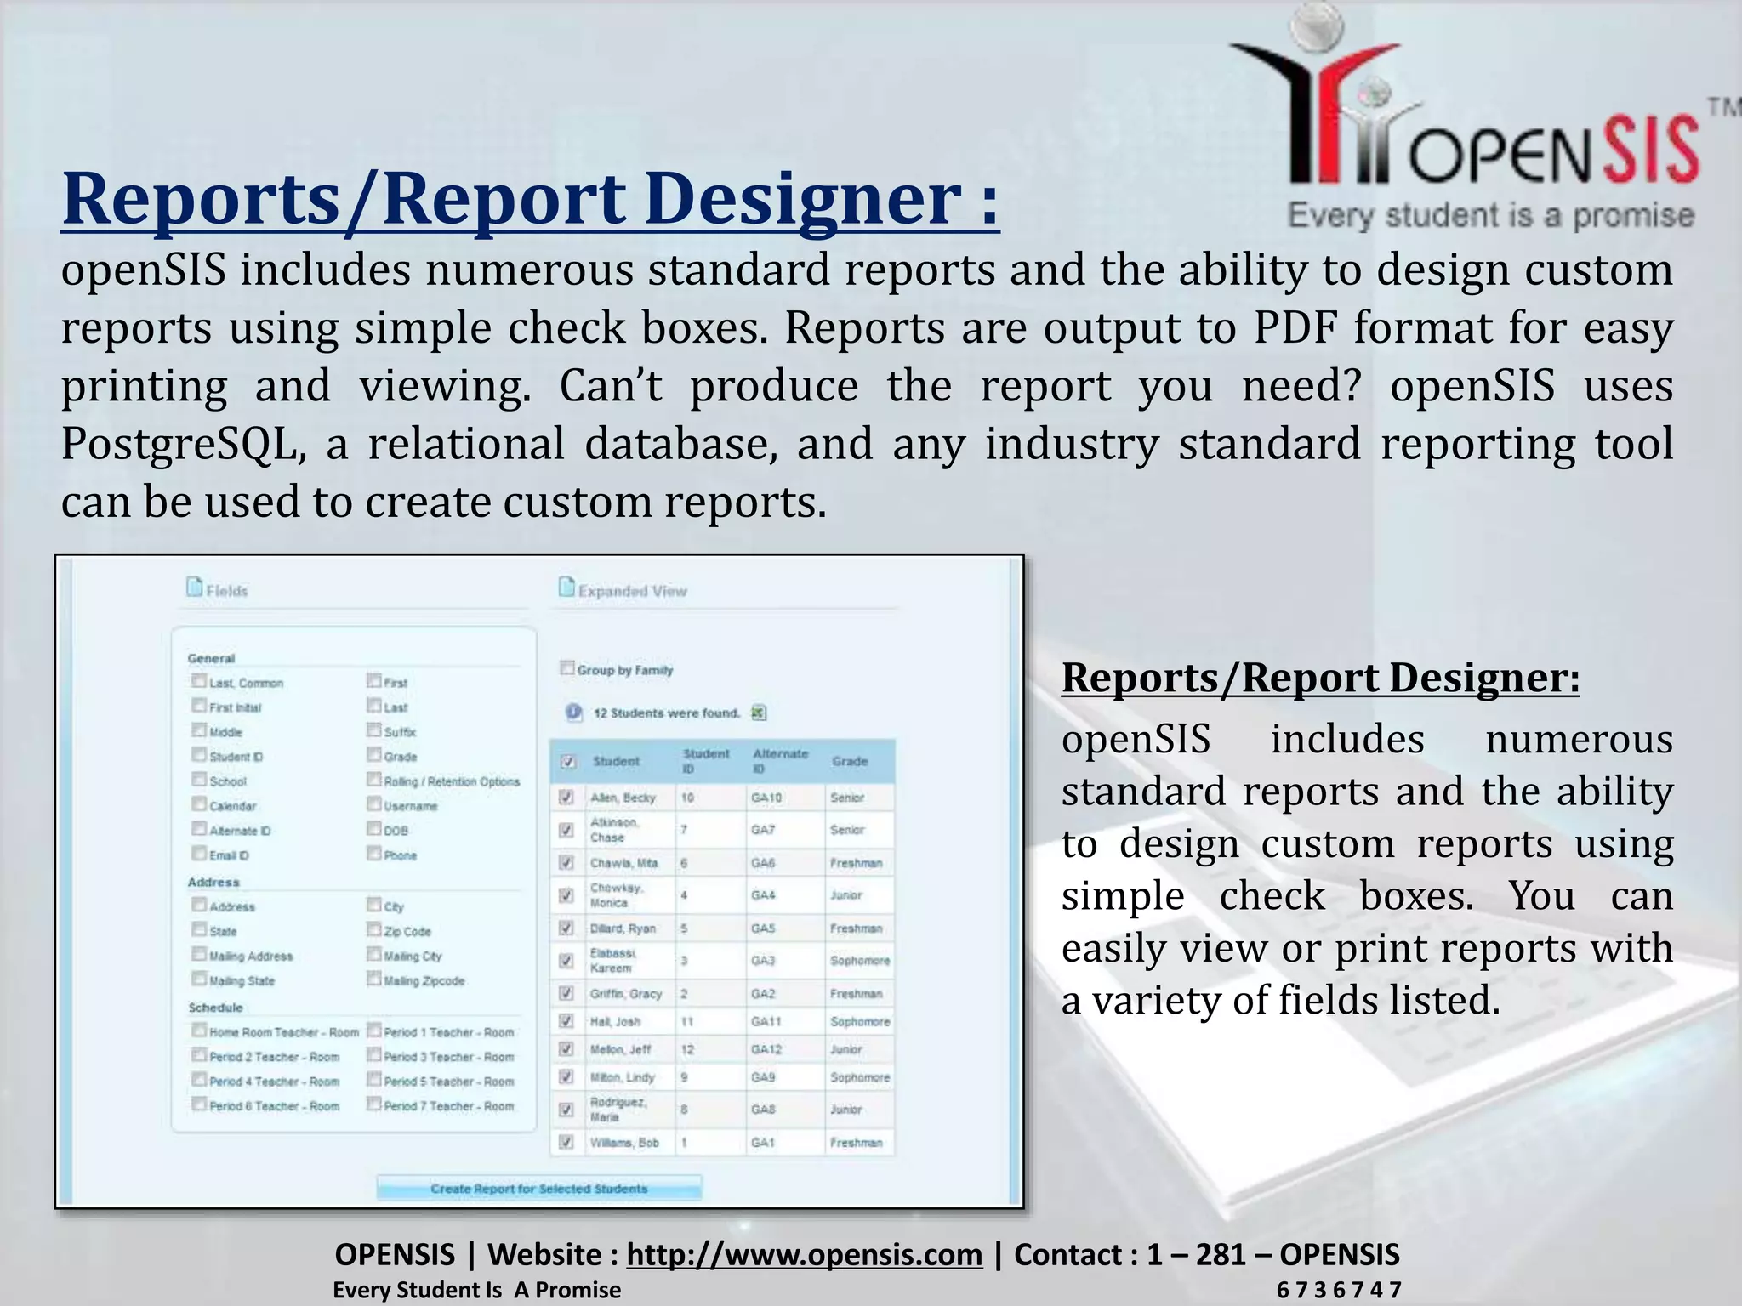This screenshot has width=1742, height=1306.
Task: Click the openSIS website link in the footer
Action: [804, 1254]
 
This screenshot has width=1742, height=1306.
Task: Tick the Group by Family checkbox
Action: [567, 668]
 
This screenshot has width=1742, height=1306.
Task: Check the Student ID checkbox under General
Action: [199, 755]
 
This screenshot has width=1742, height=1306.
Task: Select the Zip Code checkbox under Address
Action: [374, 929]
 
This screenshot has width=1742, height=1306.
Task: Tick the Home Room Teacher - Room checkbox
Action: [199, 1031]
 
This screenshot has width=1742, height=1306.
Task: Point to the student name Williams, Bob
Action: [624, 1143]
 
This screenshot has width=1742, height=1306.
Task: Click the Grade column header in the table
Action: [850, 761]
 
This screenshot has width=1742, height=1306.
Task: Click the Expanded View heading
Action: [631, 591]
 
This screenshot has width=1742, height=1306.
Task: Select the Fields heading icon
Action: [195, 588]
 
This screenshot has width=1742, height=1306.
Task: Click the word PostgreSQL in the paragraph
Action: [183, 445]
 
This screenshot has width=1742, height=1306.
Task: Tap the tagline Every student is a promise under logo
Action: [1490, 216]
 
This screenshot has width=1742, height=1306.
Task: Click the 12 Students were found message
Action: [666, 713]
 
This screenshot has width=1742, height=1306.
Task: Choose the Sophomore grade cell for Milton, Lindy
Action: [859, 1077]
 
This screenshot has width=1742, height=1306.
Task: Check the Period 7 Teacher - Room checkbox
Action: [374, 1104]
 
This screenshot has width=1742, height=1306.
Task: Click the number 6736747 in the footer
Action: [1338, 1290]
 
